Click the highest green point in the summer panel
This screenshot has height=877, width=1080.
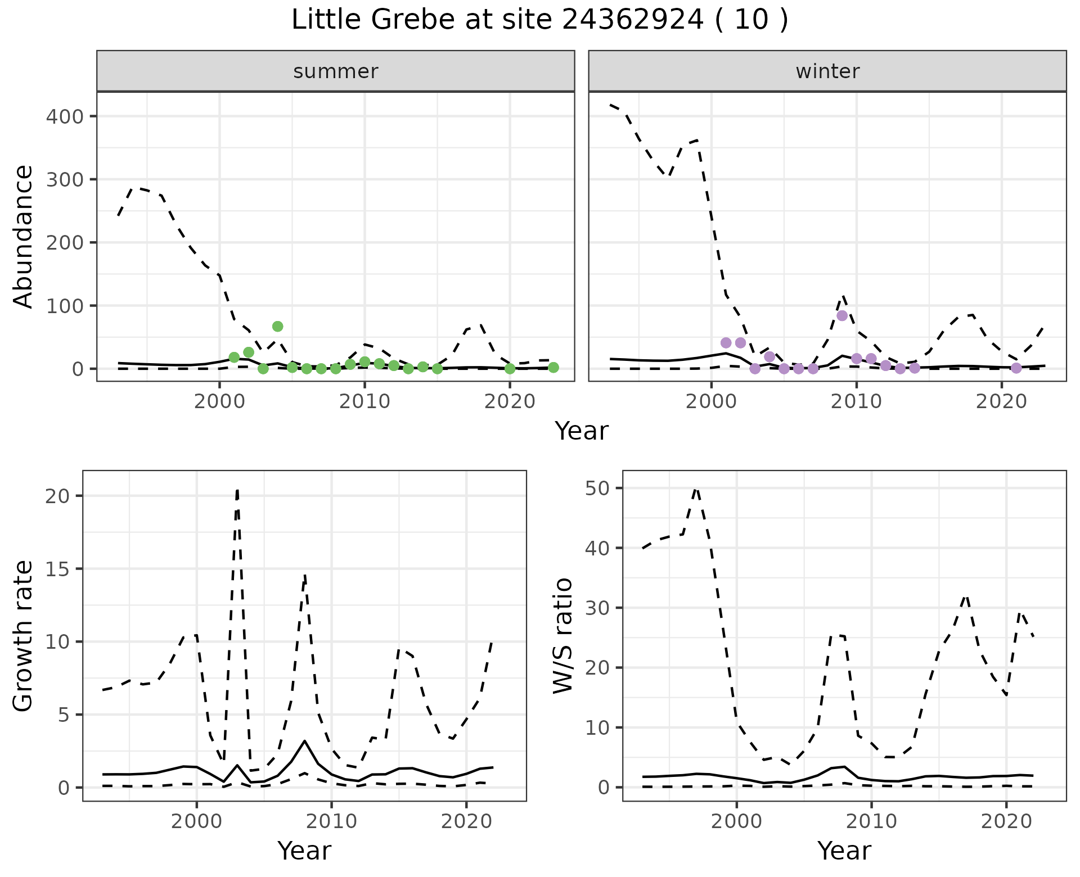click(x=277, y=327)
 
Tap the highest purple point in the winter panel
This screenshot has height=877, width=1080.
click(x=841, y=315)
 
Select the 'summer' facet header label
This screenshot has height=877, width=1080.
click(x=336, y=71)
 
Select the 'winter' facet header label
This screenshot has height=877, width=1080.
click(x=827, y=71)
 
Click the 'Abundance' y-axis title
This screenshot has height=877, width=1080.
click(x=24, y=237)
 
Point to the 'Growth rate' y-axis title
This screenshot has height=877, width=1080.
click(x=24, y=636)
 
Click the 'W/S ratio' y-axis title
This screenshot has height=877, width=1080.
click(x=563, y=636)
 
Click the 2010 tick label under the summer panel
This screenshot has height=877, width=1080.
click(x=364, y=401)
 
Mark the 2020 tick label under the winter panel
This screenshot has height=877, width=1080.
click(x=1001, y=401)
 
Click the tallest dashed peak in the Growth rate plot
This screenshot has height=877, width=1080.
click(x=237, y=490)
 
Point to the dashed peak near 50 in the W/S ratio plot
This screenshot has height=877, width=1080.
click(x=696, y=489)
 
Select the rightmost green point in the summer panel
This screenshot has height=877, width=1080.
click(x=553, y=368)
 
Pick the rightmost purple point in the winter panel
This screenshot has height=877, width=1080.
click(x=1016, y=368)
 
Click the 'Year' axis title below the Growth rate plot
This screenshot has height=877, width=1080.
click(x=304, y=851)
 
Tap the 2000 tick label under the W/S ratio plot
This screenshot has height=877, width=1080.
click(x=736, y=821)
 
